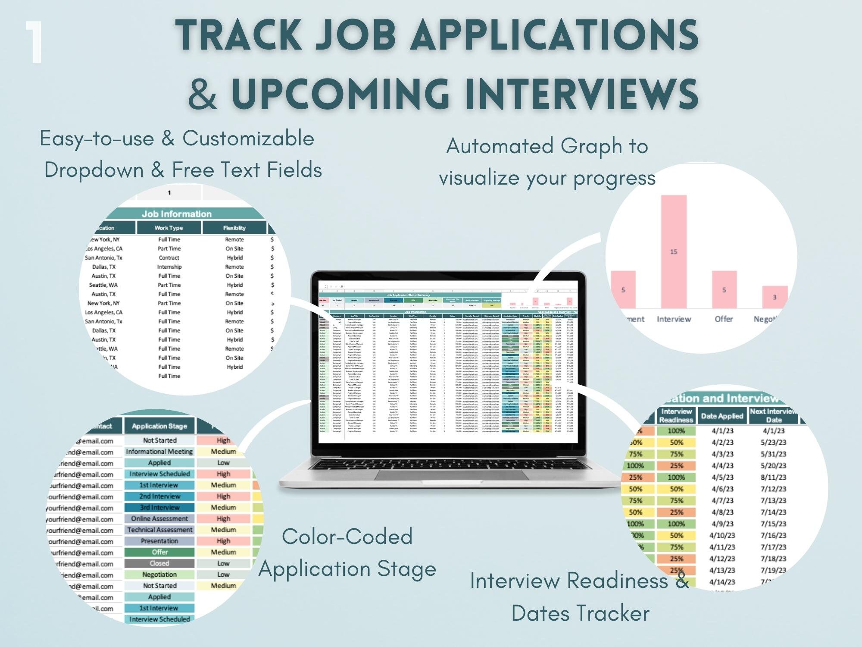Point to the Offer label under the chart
pos(724,319)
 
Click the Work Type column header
pos(169,228)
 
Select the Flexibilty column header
pos(234,228)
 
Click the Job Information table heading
pos(177,214)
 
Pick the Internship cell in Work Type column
pos(169,267)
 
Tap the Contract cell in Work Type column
pos(169,258)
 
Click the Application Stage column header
pos(159,426)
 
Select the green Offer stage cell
pos(159,552)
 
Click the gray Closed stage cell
pos(159,563)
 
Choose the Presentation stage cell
pos(159,541)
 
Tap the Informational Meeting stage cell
pos(159,452)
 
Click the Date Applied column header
pos(722,416)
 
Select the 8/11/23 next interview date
pos(774,477)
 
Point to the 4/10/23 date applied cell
pos(722,536)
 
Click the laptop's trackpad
pos(453,474)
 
